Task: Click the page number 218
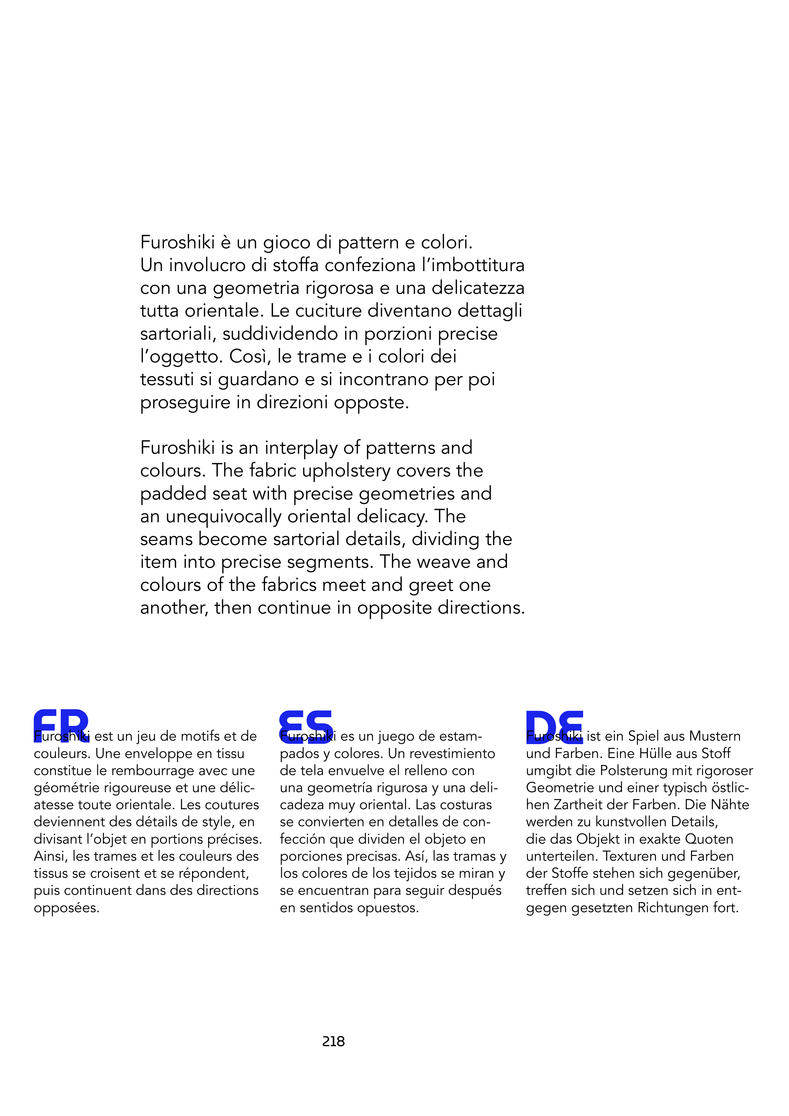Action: click(x=333, y=1041)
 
